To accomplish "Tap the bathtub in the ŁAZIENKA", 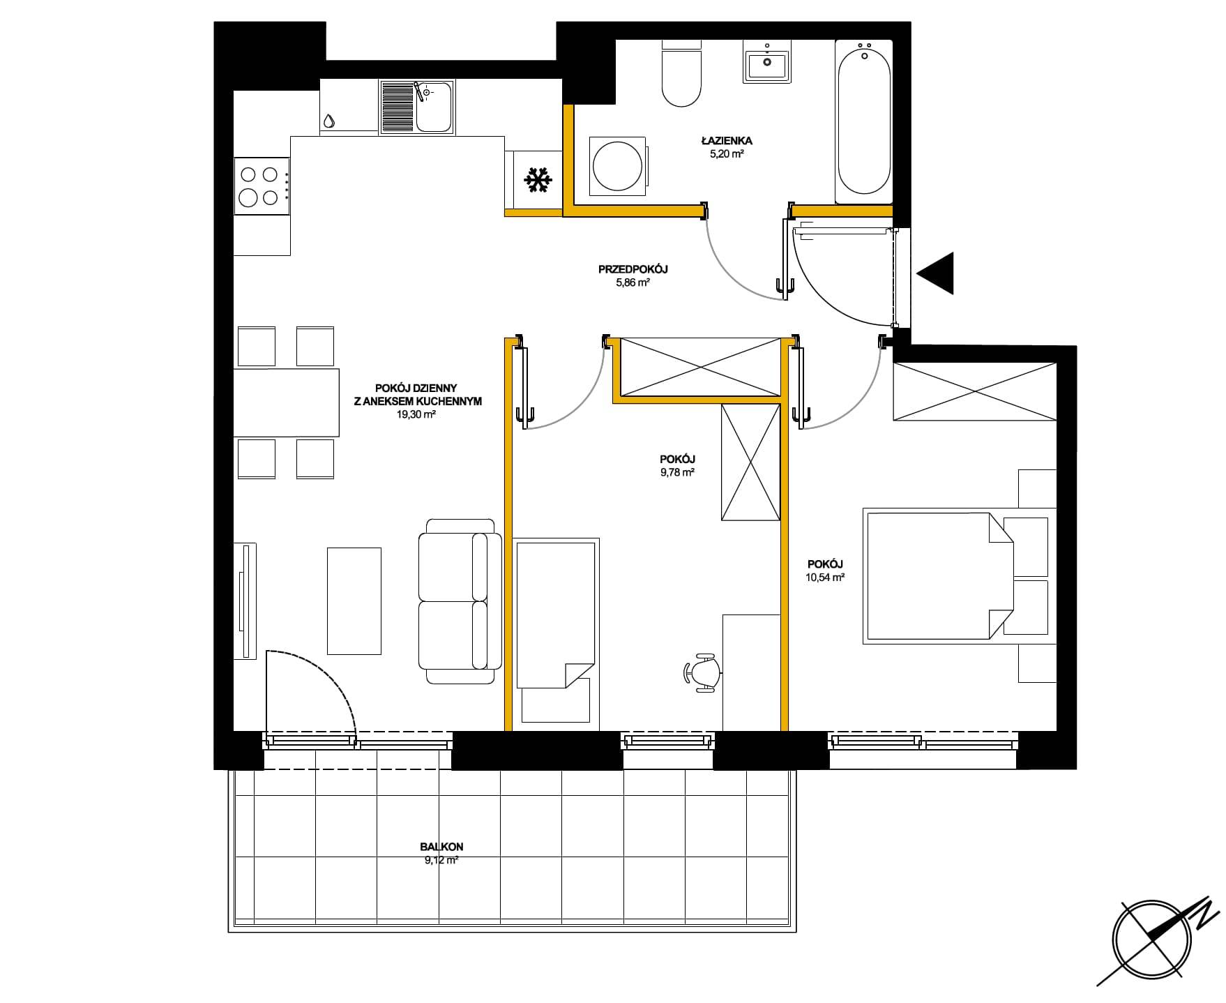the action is (864, 121).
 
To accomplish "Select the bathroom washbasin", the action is (767, 61).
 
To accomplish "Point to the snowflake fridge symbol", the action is (538, 180).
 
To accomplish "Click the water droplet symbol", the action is (328, 121).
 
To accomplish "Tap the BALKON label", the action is (441, 847).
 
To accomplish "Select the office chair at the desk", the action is (703, 672).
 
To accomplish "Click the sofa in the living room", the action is (460, 601).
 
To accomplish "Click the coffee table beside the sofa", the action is (354, 601).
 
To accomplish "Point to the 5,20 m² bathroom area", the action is (727, 154).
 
